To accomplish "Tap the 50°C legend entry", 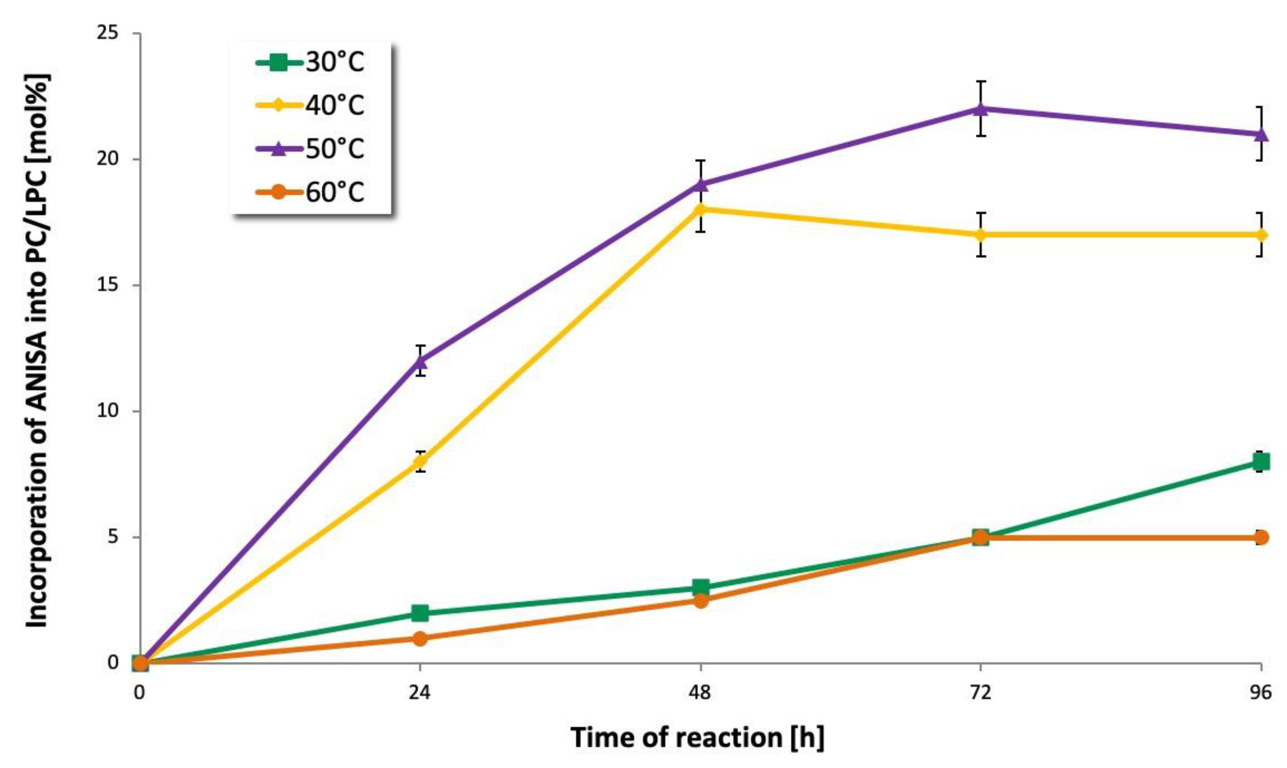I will point(310,149).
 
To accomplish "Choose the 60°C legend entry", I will point(310,193).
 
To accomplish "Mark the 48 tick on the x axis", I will point(700,692).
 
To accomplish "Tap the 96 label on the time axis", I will point(1260,692).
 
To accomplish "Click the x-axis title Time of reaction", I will point(698,737).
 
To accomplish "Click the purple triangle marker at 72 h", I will point(980,109).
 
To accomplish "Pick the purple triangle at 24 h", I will point(420,361).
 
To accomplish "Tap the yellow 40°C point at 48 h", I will point(700,209).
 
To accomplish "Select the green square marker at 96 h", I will point(1261,462).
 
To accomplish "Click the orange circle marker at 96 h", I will point(1261,537).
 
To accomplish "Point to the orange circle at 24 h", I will point(420,638).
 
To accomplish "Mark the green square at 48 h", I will point(700,588).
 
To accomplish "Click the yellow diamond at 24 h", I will point(420,462).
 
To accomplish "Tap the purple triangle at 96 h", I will point(1261,134).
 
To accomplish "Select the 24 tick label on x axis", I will point(419,692).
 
